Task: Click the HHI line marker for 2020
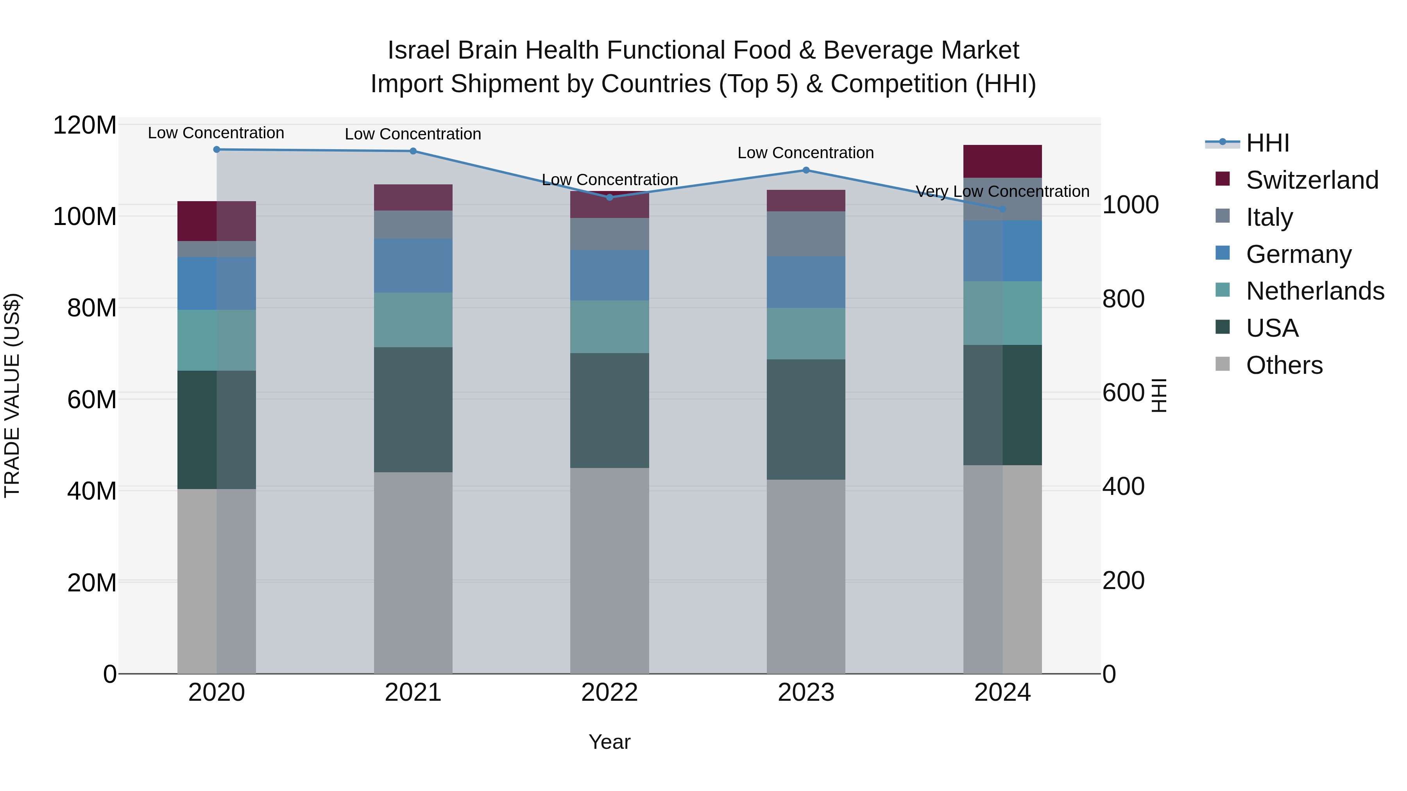click(217, 149)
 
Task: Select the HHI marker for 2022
click(610, 197)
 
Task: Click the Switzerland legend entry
click(1311, 180)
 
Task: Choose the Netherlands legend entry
click(1314, 291)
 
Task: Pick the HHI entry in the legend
click(1267, 143)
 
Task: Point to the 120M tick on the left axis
click(85, 125)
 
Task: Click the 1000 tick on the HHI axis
click(1130, 205)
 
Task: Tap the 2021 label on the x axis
click(413, 693)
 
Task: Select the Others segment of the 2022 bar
click(610, 570)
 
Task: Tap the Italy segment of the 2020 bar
click(217, 249)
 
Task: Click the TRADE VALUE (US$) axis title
click(12, 395)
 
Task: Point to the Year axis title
click(610, 742)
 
